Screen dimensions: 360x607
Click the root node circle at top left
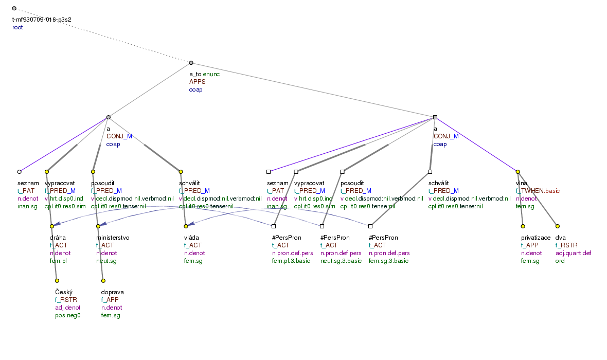tap(14, 9)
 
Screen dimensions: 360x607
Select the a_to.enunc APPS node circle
tap(191, 63)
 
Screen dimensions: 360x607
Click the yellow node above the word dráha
tap(52, 226)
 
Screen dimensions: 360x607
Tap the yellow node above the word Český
tap(57, 281)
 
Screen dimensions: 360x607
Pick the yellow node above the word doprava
tap(103, 281)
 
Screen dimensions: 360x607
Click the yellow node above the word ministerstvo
tap(98, 226)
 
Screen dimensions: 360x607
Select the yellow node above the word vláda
tap(186, 226)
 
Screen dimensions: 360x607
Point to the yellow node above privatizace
tap(523, 226)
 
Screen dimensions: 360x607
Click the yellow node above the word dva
tap(557, 226)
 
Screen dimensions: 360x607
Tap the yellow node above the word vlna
tap(518, 171)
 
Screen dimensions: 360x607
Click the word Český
tap(64, 292)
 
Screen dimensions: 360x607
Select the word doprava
tap(112, 292)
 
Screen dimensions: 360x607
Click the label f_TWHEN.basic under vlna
tap(538, 191)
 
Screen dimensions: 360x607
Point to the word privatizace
tap(535, 238)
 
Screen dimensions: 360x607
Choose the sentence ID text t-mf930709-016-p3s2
tap(42, 20)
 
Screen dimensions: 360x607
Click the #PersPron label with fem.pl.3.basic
tap(287, 238)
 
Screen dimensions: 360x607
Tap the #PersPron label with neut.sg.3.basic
tap(335, 238)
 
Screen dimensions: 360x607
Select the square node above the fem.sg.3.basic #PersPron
tap(370, 226)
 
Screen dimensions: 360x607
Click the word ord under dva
tap(560, 261)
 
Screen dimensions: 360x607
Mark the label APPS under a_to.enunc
tap(197, 82)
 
